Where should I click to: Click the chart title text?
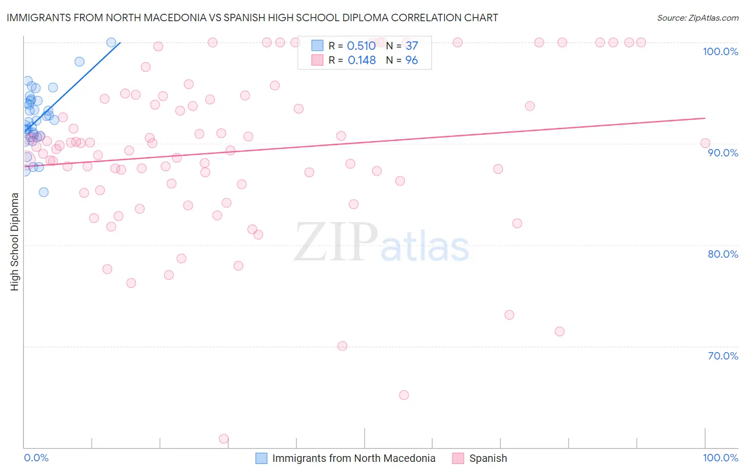(x=252, y=17)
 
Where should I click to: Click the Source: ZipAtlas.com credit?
(x=697, y=18)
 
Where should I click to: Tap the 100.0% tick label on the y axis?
(x=720, y=51)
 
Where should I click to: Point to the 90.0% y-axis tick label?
(x=723, y=153)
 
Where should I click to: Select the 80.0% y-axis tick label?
(x=723, y=254)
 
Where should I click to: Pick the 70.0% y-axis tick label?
(x=723, y=356)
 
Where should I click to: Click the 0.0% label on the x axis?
(x=36, y=458)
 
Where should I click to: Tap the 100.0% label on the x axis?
(x=720, y=458)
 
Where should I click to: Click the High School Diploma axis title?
(x=15, y=241)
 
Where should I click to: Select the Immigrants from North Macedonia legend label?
(x=353, y=458)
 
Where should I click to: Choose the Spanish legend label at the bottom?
(x=488, y=458)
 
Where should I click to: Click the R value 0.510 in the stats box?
(x=361, y=46)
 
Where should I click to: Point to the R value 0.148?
(x=361, y=60)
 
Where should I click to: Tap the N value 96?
(x=412, y=60)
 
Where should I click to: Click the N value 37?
(x=412, y=46)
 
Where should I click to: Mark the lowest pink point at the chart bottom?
(x=224, y=439)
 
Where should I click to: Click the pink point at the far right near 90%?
(x=705, y=143)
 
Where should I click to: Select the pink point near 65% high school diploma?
(x=404, y=395)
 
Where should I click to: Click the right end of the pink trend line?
(x=705, y=118)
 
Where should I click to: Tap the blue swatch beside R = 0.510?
(x=317, y=46)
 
